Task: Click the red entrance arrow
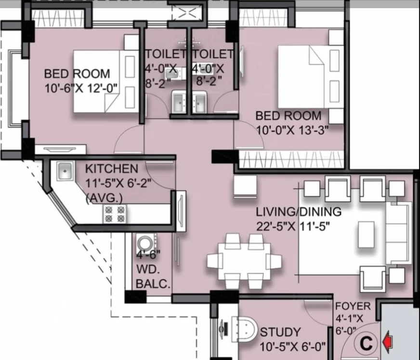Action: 388,342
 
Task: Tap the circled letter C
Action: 366,343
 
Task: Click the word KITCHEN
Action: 112,169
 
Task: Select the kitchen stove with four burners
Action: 115,214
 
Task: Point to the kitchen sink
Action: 65,170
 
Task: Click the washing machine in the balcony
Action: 146,244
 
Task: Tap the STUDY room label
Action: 280,332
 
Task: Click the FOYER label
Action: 353,306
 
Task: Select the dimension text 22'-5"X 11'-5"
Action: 293,226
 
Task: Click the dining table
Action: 244,261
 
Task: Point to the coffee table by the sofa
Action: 366,234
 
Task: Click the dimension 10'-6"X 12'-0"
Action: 81,88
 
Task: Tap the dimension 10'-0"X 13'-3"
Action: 292,130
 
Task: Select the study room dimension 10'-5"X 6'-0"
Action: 292,347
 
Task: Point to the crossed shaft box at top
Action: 187,13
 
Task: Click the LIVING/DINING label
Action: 299,212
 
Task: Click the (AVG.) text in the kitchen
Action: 104,198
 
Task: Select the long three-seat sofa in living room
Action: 398,233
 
